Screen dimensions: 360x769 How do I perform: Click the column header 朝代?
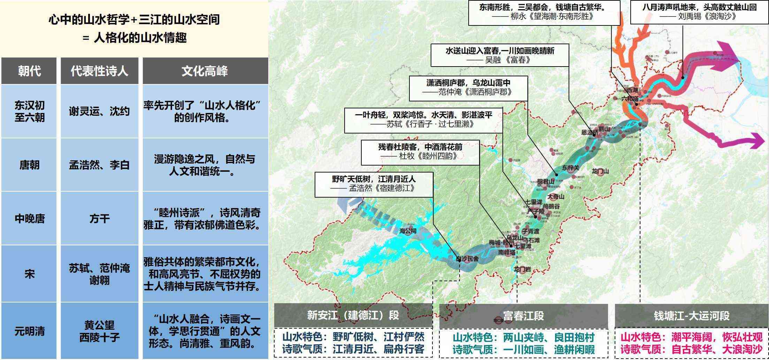pyautogui.click(x=29, y=71)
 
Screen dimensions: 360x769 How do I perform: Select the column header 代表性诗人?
pyautogui.click(x=99, y=71)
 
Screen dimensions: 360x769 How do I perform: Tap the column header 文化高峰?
pyautogui.click(x=205, y=71)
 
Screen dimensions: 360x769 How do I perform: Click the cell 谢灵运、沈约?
pyautogui.click(x=99, y=112)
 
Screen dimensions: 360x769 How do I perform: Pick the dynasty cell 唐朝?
pyautogui.click(x=29, y=165)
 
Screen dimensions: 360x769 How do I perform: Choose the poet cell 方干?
pyautogui.click(x=99, y=219)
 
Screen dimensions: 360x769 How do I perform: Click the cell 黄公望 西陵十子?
pyautogui.click(x=99, y=331)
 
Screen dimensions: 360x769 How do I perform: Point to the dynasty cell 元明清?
pyautogui.click(x=29, y=331)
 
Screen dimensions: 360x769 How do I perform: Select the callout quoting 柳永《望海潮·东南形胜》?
pyautogui.click(x=544, y=13)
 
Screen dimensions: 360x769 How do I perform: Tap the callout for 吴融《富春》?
pyautogui.click(x=500, y=55)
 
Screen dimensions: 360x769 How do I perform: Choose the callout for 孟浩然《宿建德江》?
pyautogui.click(x=374, y=184)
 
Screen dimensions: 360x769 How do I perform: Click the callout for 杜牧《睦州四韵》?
pyautogui.click(x=420, y=152)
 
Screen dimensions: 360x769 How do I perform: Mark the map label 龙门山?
pyautogui.click(x=600, y=171)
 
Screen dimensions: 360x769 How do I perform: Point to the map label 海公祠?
pyautogui.click(x=408, y=231)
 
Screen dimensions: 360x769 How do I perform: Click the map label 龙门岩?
pyautogui.click(x=522, y=269)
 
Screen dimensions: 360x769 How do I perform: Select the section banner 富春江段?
pyautogui.click(x=523, y=316)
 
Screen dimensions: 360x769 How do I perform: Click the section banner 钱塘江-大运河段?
pyautogui.click(x=691, y=316)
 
